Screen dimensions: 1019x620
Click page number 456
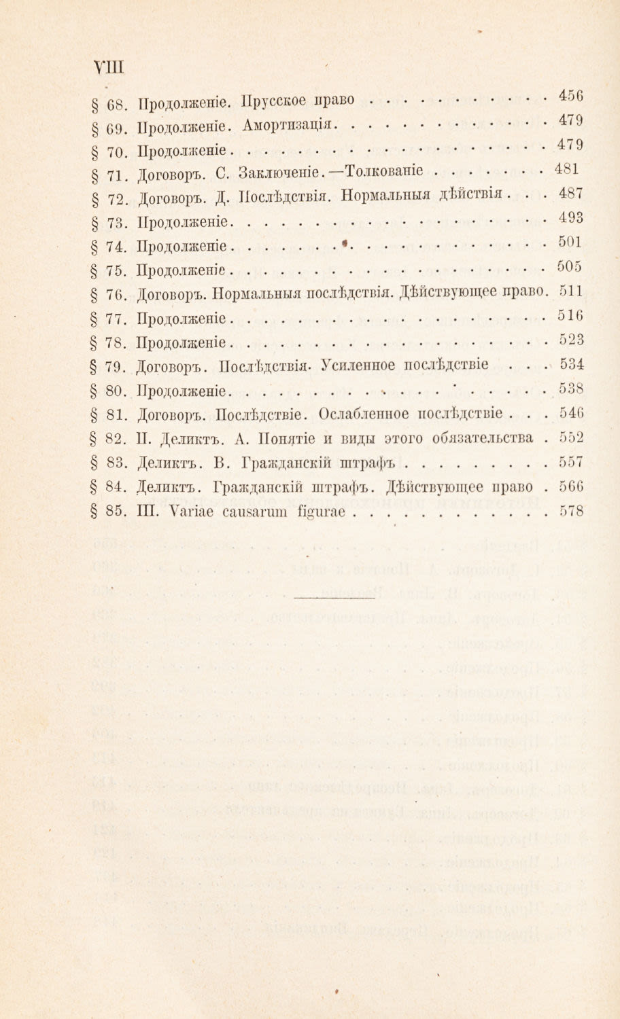(x=571, y=96)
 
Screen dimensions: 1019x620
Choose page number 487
(x=571, y=193)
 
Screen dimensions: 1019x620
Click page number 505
(x=571, y=266)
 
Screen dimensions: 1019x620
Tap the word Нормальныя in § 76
(x=252, y=294)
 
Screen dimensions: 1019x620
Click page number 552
(x=571, y=437)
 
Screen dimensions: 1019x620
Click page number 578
(x=571, y=512)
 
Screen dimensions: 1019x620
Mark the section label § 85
(x=108, y=513)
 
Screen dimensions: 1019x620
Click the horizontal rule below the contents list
(x=334, y=597)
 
